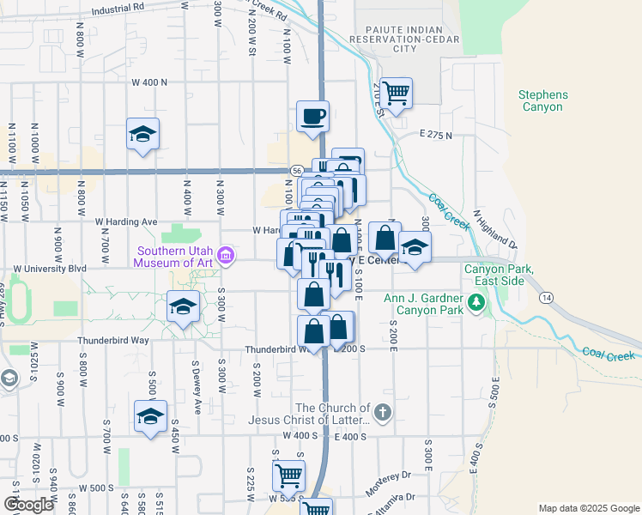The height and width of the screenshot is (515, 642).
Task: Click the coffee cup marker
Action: (x=312, y=116)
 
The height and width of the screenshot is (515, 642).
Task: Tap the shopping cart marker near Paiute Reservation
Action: (x=396, y=93)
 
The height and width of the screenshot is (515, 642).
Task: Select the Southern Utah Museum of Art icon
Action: (x=226, y=255)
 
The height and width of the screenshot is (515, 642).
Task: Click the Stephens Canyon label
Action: (x=542, y=100)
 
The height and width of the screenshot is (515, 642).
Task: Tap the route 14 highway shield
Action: (x=545, y=297)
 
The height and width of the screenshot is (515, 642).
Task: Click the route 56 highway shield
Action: (x=295, y=171)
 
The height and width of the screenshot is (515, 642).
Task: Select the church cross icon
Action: (x=382, y=413)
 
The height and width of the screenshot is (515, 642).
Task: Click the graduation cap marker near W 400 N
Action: (x=143, y=134)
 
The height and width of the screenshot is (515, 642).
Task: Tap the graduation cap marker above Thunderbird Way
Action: (x=183, y=306)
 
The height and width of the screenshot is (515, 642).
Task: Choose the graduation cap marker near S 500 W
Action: (x=150, y=417)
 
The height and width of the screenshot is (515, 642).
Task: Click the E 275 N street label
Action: (x=436, y=136)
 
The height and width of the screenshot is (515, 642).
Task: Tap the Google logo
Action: (x=28, y=505)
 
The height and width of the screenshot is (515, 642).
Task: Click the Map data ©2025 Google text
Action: (x=588, y=508)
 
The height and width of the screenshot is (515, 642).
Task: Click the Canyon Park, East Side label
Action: (x=500, y=275)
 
